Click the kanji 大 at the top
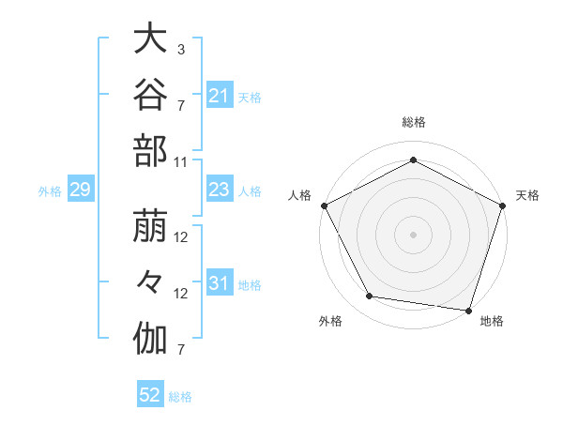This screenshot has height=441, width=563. (x=150, y=38)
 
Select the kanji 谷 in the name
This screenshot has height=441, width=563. (x=150, y=94)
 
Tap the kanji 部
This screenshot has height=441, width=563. (x=150, y=151)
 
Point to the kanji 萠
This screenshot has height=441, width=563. (x=150, y=225)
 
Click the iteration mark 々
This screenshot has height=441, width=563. (x=150, y=281)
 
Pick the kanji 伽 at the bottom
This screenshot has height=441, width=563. (x=150, y=339)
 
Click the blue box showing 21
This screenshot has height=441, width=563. (x=220, y=95)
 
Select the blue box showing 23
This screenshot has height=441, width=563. (x=220, y=189)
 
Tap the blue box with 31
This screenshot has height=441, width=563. (x=220, y=281)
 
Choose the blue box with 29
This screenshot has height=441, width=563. (x=81, y=189)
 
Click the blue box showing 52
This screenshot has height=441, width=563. (x=150, y=393)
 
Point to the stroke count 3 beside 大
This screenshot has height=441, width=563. (x=181, y=50)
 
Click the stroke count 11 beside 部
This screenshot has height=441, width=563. (x=180, y=162)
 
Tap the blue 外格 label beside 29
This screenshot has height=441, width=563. (x=50, y=191)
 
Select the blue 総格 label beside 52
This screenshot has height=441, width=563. (x=180, y=397)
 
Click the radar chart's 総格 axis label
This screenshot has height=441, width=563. (x=414, y=122)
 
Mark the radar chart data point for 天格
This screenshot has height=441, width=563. (x=502, y=205)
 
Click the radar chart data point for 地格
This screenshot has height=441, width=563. (x=468, y=311)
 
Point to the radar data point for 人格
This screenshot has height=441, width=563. (x=325, y=205)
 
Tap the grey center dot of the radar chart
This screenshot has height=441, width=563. (x=413, y=235)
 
